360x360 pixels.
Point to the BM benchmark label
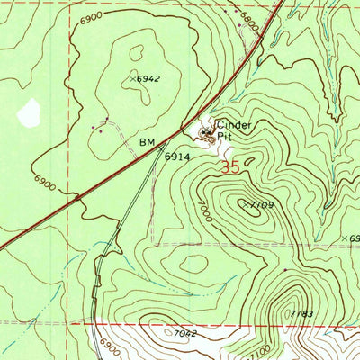click(148, 143)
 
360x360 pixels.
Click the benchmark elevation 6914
click(176, 156)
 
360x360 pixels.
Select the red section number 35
click(229, 166)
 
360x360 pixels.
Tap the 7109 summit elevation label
click(260, 205)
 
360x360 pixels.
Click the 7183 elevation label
click(301, 313)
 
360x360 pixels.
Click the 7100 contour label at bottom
click(261, 346)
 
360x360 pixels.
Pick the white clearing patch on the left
click(30, 112)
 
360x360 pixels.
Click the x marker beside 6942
click(132, 79)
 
